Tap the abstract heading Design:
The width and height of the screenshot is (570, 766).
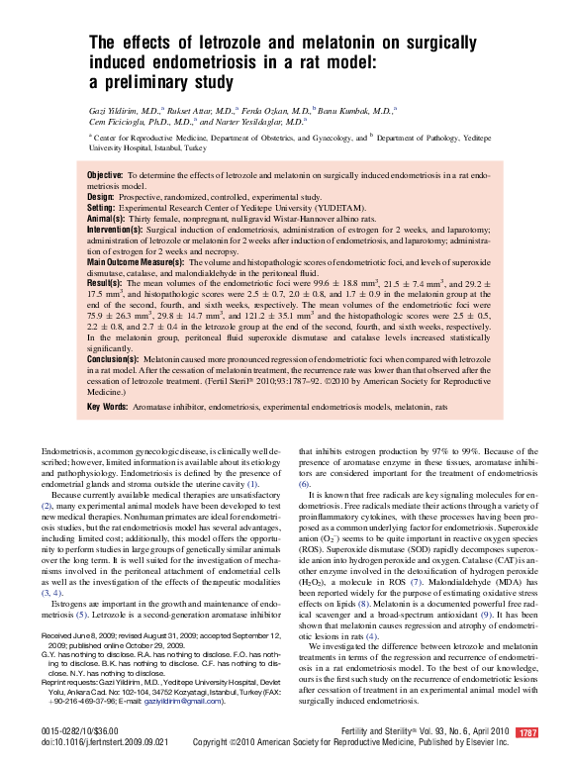[100, 197]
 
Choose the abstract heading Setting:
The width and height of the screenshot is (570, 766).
[101, 208]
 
